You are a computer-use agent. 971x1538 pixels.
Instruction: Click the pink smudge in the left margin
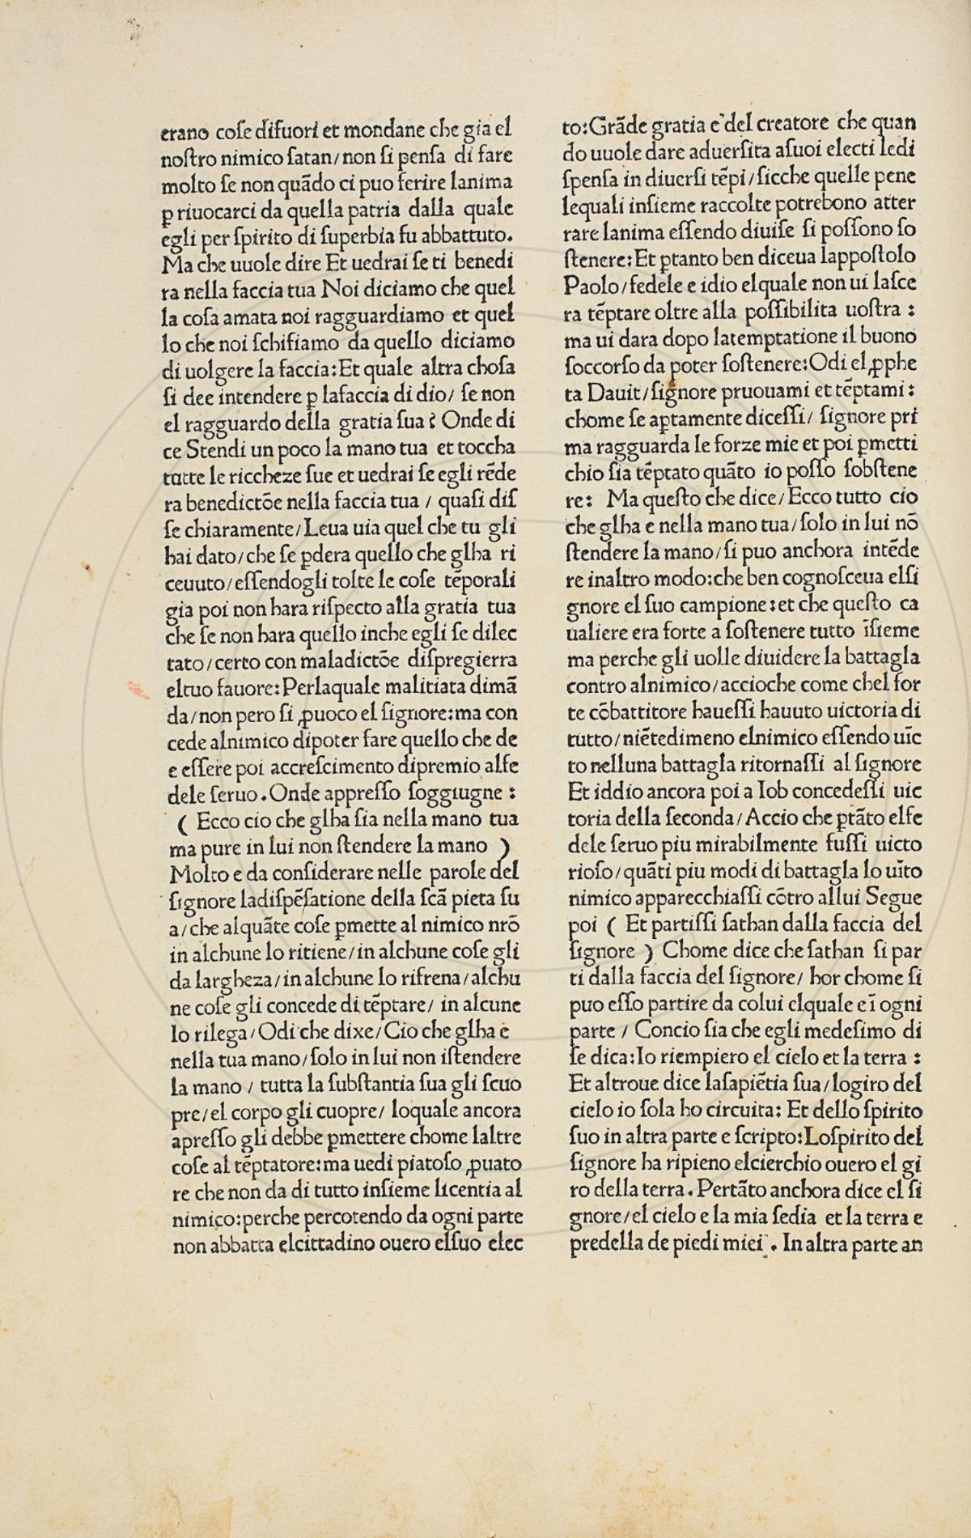[x=135, y=690]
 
